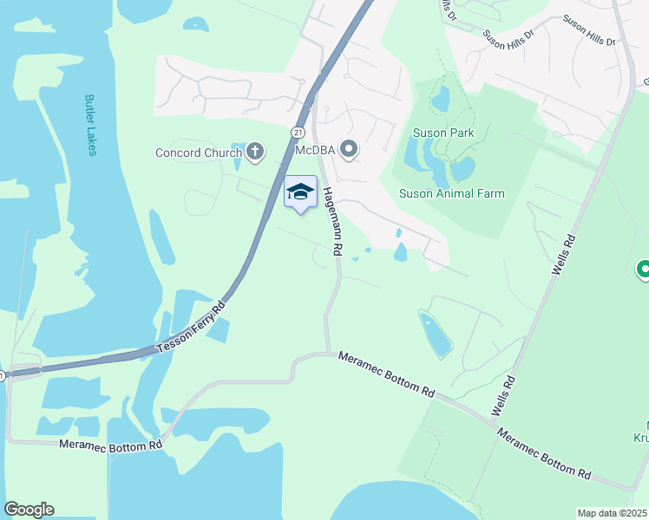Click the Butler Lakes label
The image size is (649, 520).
(90, 125)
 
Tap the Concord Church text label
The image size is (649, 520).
(198, 153)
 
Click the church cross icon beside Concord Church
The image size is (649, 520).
(254, 153)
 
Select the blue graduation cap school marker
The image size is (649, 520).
(300, 192)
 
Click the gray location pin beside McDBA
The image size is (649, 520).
(349, 151)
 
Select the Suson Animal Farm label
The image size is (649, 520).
(450, 193)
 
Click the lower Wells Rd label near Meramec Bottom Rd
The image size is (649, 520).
(504, 395)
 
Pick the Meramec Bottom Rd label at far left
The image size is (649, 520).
(110, 445)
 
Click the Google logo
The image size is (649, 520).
(29, 510)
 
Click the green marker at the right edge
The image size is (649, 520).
(643, 271)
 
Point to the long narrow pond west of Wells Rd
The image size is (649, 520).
(435, 334)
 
